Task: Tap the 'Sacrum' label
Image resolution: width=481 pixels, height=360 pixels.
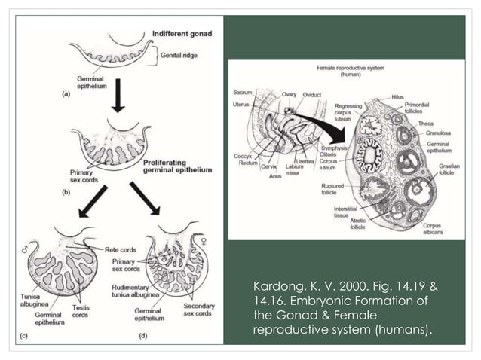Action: [x=244, y=93]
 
